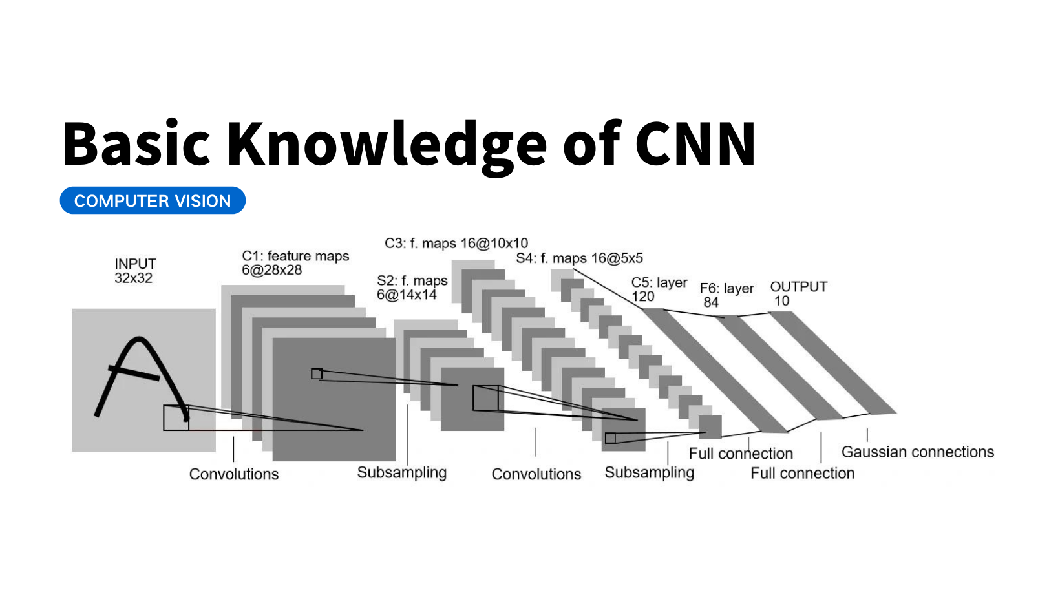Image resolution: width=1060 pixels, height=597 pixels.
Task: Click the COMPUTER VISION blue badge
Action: (x=153, y=201)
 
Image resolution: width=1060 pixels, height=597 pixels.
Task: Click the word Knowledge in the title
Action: (x=387, y=145)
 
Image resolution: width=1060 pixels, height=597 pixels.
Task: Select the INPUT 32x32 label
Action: (x=135, y=271)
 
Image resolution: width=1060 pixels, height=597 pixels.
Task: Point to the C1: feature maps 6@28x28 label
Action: (x=295, y=263)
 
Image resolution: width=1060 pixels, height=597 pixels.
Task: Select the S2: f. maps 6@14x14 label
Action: (x=412, y=288)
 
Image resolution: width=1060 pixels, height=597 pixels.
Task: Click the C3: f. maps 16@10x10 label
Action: (x=456, y=244)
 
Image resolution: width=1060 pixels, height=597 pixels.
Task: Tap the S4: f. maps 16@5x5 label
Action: (x=579, y=258)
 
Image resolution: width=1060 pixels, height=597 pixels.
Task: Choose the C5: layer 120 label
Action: (x=659, y=289)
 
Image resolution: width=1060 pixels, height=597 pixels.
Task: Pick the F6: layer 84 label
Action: (x=726, y=295)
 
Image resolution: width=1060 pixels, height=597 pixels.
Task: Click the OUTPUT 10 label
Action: (x=798, y=293)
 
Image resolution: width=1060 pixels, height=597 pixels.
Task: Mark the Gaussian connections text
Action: (x=917, y=452)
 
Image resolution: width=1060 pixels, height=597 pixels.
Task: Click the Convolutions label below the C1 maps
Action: (x=234, y=474)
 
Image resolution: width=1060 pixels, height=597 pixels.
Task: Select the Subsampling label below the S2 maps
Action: (x=402, y=473)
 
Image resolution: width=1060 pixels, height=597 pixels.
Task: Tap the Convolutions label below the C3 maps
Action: (x=536, y=474)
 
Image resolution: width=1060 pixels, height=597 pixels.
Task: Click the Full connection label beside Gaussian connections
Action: (x=802, y=474)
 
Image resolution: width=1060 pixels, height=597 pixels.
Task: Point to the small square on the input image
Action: (x=176, y=418)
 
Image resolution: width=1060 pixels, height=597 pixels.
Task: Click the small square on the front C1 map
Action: (x=317, y=373)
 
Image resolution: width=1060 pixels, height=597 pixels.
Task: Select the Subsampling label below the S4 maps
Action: (x=649, y=473)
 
